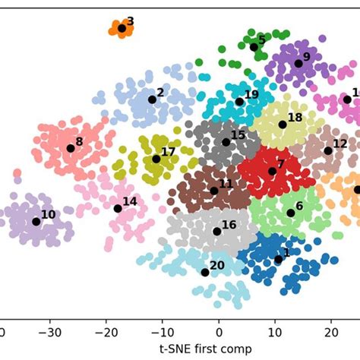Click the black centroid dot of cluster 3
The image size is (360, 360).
122,29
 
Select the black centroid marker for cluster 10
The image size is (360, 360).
36,222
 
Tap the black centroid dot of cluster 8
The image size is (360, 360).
71,147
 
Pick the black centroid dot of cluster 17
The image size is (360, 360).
156,159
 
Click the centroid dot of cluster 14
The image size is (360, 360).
118,208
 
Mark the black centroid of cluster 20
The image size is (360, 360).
205,272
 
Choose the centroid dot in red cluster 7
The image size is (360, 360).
273,171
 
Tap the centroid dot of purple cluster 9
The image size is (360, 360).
298,64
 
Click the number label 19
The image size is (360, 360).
252,94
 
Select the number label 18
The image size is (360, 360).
295,117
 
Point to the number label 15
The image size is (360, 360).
238,134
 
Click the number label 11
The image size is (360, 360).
226,183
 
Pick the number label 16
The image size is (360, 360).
229,224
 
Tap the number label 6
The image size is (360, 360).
299,205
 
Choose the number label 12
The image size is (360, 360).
340,143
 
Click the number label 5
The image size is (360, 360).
262,39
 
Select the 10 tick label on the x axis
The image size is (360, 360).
275,331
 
